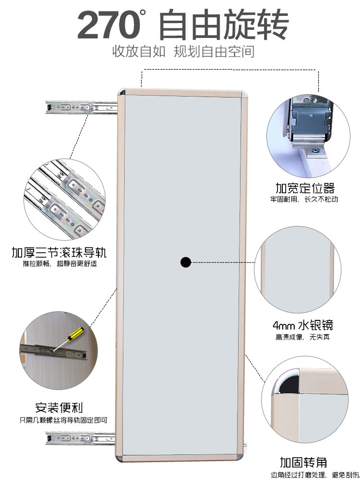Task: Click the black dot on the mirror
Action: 186,262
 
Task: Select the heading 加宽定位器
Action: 305,188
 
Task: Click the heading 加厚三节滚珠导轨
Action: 60,253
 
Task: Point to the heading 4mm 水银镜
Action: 302,325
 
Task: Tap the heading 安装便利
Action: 59,408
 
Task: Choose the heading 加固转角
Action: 304,463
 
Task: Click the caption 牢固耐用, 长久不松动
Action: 303,199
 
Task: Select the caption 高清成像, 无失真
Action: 302,337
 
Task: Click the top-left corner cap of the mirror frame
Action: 122,92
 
